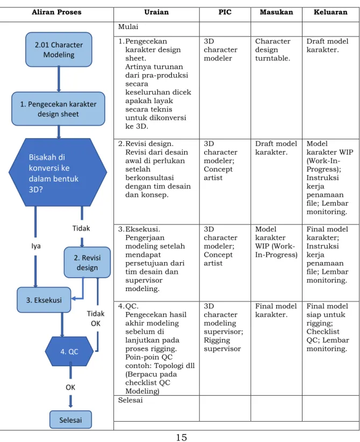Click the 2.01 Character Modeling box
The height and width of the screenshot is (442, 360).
click(x=59, y=49)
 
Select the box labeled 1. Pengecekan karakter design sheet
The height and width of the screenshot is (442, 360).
click(x=58, y=109)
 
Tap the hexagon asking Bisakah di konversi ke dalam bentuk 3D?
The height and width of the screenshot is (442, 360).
click(x=58, y=172)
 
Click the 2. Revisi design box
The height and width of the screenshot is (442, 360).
click(x=87, y=263)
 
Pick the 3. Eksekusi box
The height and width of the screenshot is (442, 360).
click(x=44, y=300)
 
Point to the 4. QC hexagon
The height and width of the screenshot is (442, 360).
click(x=69, y=352)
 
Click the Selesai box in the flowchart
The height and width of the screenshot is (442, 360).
click(x=70, y=420)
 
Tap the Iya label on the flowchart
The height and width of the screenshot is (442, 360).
click(x=36, y=246)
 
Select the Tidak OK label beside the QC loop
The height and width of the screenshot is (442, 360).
click(x=96, y=318)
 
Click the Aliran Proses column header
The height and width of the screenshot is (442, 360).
click(x=56, y=12)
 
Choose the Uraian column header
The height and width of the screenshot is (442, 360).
click(x=156, y=12)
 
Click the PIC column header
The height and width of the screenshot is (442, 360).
click(x=225, y=12)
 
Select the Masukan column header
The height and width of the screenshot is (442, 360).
click(x=276, y=12)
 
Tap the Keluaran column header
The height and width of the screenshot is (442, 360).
click(x=330, y=12)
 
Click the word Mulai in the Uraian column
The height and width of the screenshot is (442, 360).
click(x=128, y=27)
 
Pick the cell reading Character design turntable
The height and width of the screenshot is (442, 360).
click(x=273, y=49)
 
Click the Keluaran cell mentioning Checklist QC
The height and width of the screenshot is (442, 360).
click(x=328, y=327)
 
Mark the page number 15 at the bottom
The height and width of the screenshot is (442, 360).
click(x=181, y=437)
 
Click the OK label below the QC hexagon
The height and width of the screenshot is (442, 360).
click(x=70, y=387)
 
